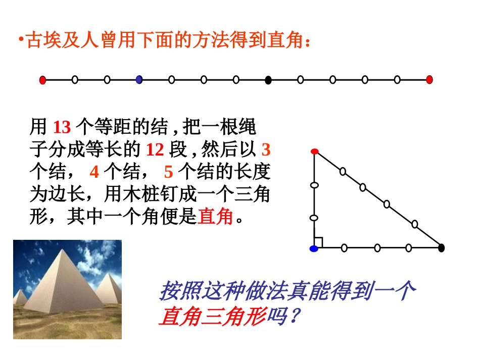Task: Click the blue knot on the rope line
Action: point(139,79)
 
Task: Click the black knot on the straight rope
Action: point(268,79)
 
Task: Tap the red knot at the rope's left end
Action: point(43,79)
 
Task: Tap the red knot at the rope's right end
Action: point(429,79)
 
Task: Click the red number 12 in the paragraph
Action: point(155,150)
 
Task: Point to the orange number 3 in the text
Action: point(266,150)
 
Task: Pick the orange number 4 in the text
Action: point(94,173)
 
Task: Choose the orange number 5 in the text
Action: point(169,173)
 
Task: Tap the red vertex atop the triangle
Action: point(314,151)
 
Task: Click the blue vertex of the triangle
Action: point(314,248)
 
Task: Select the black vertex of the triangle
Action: point(441,248)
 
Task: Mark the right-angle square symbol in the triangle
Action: point(318,243)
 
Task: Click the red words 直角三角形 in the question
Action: point(212,318)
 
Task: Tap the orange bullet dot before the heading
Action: point(21,40)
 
